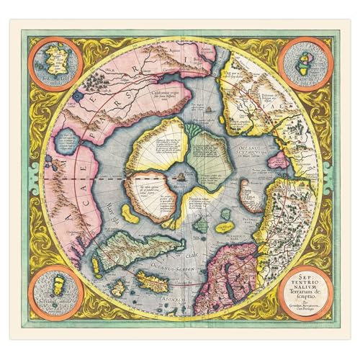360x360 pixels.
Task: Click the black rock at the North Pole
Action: tap(182, 174)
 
